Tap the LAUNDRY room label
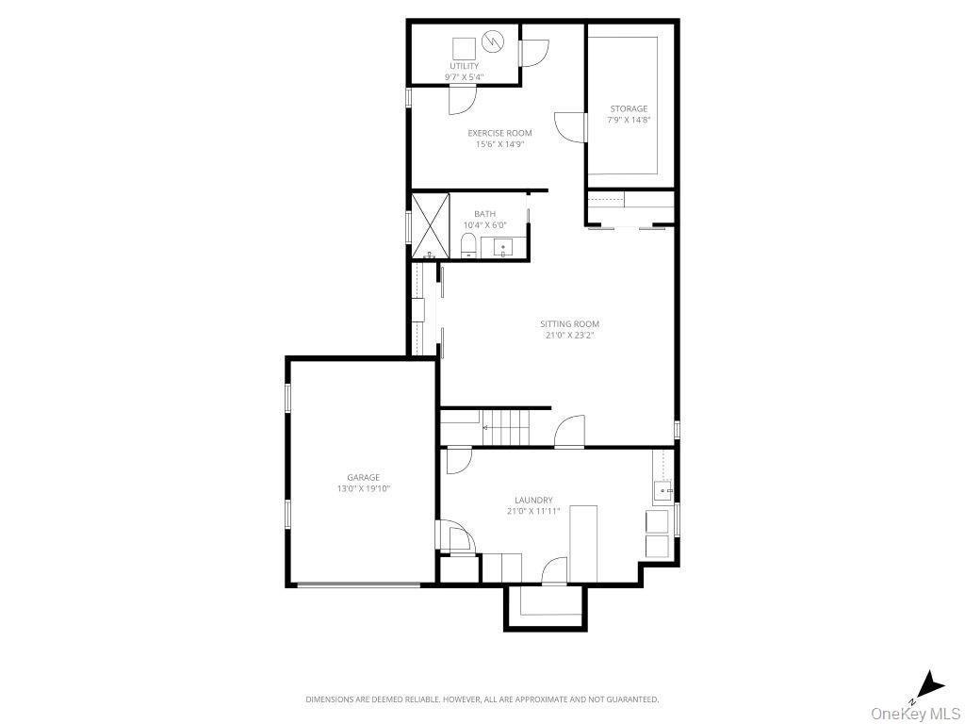coord(533,500)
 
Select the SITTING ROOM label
coord(570,324)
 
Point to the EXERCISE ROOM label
coord(499,133)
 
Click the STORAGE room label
coord(629,109)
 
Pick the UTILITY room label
coord(464,66)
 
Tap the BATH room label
coord(484,214)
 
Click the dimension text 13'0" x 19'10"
coord(364,489)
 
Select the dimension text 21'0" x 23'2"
coord(571,335)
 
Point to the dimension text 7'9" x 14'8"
coord(629,120)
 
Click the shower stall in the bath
coord(430,225)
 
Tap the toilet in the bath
coord(468,247)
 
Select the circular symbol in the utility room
coord(493,41)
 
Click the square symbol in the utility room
coord(464,47)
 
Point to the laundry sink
coord(663,488)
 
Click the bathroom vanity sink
coord(502,249)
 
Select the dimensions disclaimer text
coord(482,699)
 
